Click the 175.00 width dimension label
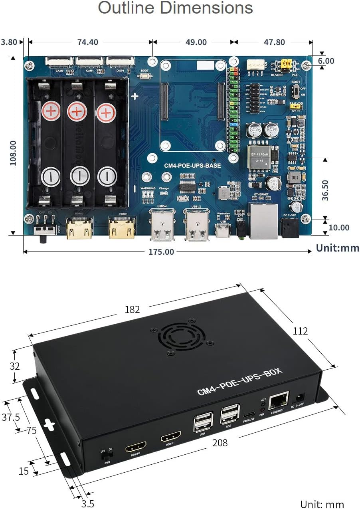click(161, 252)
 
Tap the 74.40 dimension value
click(88, 42)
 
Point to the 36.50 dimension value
click(326, 190)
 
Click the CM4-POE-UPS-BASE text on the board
click(192, 165)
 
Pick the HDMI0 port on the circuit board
click(78, 228)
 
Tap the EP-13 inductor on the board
click(259, 156)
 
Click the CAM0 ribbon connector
click(59, 61)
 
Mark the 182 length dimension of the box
click(132, 309)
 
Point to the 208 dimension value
click(220, 443)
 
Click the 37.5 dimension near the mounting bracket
click(11, 417)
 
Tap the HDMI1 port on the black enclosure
click(171, 437)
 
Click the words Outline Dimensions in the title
click(176, 8)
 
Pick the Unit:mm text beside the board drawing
click(338, 248)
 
